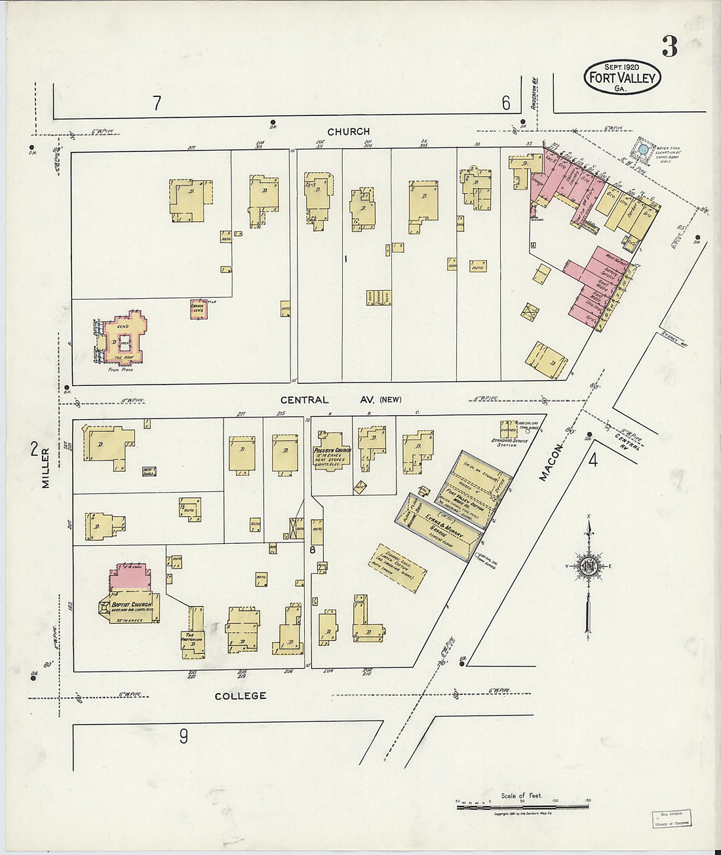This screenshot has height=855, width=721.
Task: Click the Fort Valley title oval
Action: coord(622,77)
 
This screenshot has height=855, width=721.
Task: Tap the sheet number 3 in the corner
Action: coord(669,47)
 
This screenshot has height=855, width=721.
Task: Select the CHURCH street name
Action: coord(348,132)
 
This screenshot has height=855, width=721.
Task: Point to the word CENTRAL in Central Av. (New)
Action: coord(305,400)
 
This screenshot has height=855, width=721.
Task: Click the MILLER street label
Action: coord(46,468)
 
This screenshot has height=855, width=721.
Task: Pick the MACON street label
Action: coord(551,463)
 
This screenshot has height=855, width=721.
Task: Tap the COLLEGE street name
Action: coord(241,696)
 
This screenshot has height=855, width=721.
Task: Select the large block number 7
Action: coord(157,103)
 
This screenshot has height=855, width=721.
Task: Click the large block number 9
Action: coord(184,736)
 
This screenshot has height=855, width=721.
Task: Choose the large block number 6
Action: coord(506,103)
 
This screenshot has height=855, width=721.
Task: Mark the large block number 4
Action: coord(593,460)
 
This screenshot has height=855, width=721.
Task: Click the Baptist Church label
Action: coord(132,605)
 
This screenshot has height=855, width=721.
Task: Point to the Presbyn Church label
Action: coord(332,451)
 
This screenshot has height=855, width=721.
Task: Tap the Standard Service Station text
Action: coord(507,443)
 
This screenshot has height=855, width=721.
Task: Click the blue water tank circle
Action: coord(644,149)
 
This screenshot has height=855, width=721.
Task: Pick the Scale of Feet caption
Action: coord(522,795)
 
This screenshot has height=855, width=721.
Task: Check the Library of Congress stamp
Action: coord(671,819)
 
